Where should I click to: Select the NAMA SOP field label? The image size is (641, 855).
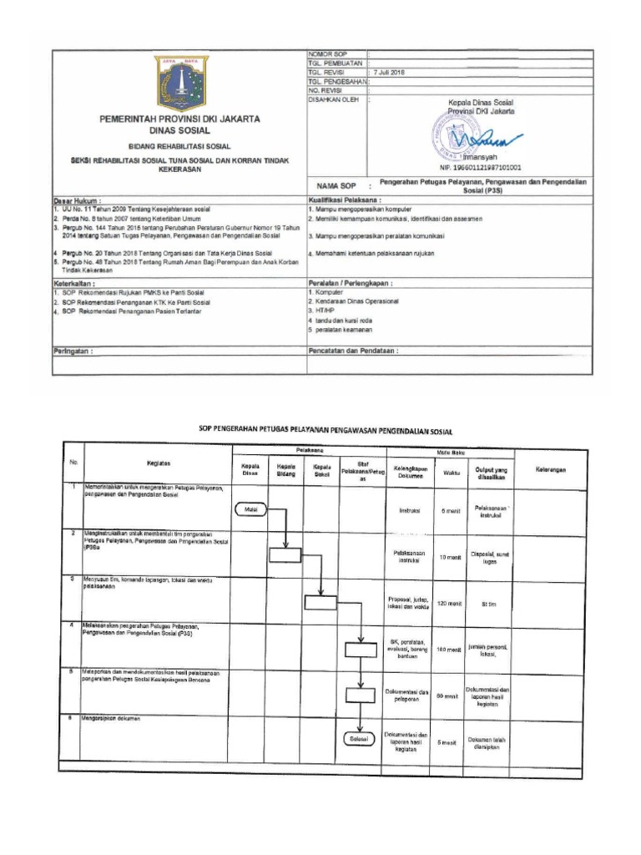click(333, 187)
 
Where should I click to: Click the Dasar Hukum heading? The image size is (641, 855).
click(77, 201)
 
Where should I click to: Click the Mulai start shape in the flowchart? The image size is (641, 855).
click(250, 508)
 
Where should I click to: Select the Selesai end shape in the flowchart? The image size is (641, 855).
click(360, 739)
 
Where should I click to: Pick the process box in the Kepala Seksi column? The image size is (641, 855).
click(321, 602)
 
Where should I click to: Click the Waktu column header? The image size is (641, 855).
click(452, 473)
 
